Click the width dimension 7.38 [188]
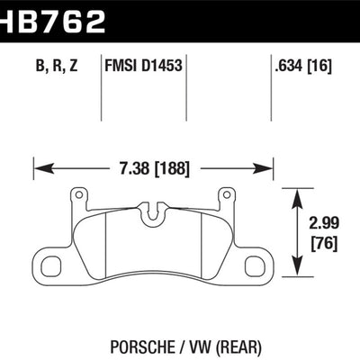[154, 166]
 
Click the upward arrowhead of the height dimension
[300, 193]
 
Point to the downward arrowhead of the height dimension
[300, 270]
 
